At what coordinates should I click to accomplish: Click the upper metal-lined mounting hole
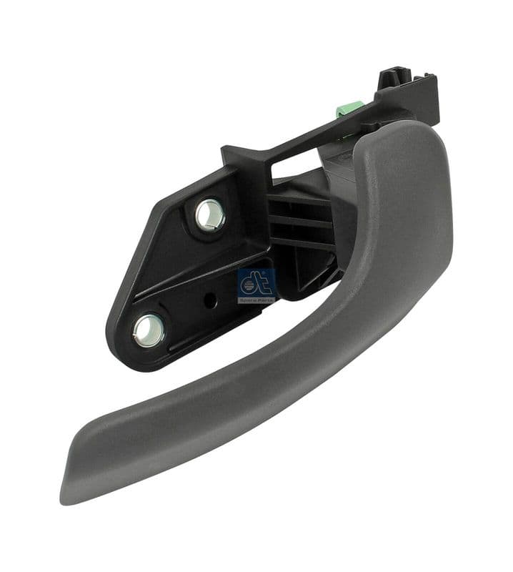click(x=210, y=214)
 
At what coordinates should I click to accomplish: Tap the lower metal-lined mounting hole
click(x=149, y=329)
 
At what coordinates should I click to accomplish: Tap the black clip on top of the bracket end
click(x=394, y=76)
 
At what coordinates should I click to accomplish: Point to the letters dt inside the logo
click(x=255, y=282)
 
